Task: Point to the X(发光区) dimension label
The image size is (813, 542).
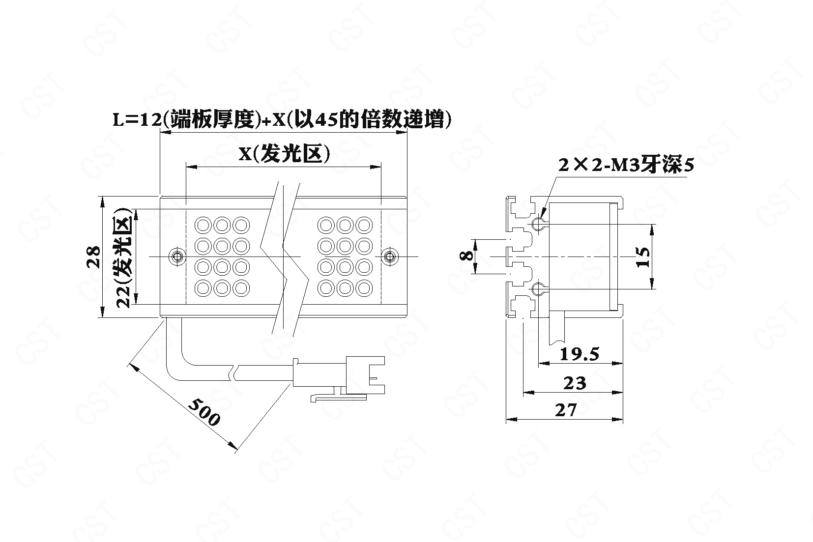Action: coord(284,154)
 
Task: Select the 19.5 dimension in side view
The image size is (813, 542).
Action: coord(581,353)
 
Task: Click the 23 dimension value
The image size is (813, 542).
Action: coord(575,382)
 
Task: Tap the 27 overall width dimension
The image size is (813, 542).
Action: coord(565,409)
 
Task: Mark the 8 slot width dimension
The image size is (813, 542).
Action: coord(467,256)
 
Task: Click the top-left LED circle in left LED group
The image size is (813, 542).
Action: coord(203,225)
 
